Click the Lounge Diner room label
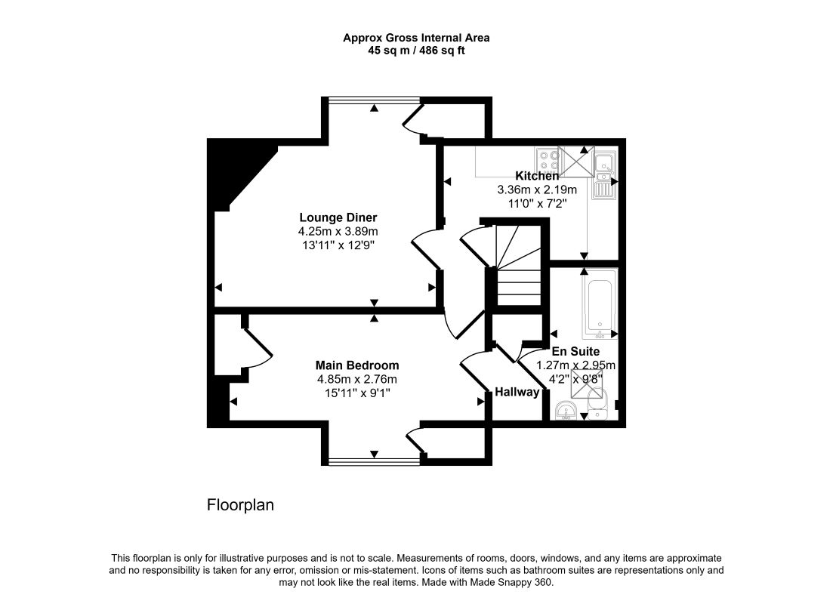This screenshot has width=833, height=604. point(338,217)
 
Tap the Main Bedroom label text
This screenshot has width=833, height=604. point(357,365)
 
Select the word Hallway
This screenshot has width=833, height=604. point(517,392)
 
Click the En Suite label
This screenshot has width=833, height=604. point(575,351)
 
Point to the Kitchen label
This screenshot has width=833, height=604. point(537,176)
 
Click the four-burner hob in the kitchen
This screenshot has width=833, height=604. point(547,159)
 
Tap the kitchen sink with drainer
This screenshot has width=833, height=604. point(604,174)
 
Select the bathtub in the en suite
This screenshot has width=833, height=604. point(600,306)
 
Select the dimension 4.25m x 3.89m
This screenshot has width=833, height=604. point(338,232)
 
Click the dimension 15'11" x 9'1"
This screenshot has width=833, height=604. point(357,393)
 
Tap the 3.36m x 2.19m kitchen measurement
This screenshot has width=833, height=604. point(537,190)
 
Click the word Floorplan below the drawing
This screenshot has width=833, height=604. point(240,505)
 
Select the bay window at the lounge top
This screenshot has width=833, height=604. point(374,100)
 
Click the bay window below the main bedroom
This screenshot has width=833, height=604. point(374,460)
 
